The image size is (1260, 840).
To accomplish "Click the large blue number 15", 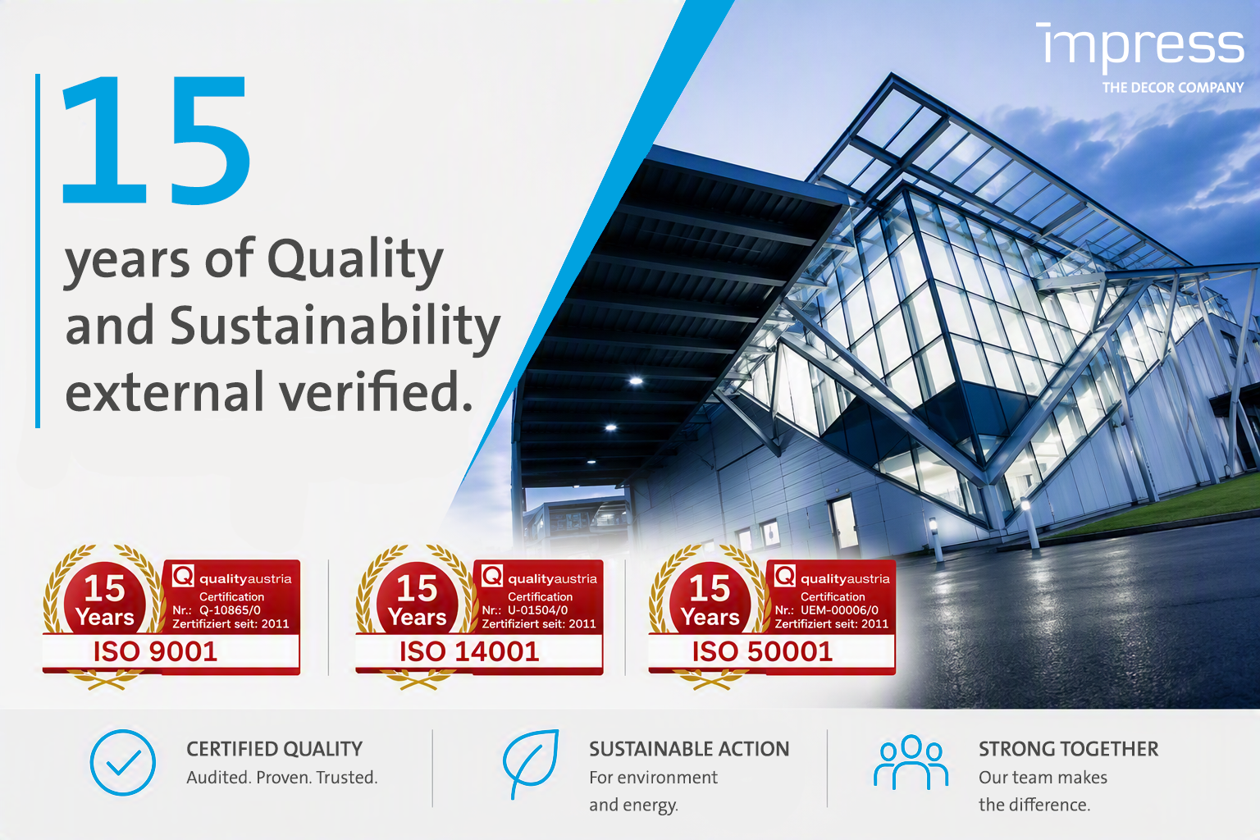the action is [156, 139].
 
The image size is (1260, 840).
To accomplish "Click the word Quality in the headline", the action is [355, 261].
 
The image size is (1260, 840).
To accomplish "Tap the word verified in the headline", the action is [376, 391].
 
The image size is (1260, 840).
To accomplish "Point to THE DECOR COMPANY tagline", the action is [1173, 88].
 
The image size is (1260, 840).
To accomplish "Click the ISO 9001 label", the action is [155, 651].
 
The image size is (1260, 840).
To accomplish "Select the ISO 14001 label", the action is [469, 651].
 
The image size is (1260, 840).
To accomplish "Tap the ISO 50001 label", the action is [762, 651].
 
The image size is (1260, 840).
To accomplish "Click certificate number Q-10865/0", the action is [230, 609].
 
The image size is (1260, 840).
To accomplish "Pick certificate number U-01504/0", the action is [538, 609].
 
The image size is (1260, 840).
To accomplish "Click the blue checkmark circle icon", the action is [122, 762].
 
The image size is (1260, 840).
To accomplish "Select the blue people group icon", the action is [911, 762].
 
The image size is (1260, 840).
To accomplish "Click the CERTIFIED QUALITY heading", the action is [275, 749].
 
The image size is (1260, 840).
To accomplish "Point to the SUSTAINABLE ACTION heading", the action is [689, 749].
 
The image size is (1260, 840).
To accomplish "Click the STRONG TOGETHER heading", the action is [1068, 749].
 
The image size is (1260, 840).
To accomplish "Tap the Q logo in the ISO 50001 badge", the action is [784, 576].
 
